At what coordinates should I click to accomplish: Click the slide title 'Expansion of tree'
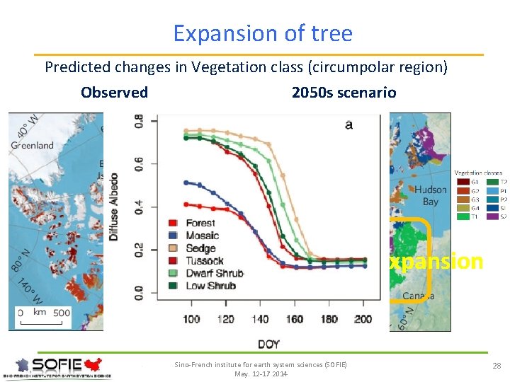[262, 33]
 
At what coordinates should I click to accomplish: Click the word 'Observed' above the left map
[114, 93]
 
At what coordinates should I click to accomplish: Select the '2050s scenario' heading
[344, 93]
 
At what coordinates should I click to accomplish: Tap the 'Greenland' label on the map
[32, 145]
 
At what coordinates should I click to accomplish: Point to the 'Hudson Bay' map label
[431, 196]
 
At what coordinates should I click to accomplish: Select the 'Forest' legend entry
[200, 223]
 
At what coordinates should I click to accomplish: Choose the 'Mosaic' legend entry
[202, 236]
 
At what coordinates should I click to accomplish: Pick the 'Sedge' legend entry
[200, 248]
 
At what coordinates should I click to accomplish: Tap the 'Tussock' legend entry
[204, 260]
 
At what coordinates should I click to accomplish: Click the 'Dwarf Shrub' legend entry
[214, 273]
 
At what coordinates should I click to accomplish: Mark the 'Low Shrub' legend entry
[210, 286]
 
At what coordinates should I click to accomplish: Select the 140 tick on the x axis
[260, 320]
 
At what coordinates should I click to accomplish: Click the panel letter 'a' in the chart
[348, 125]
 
